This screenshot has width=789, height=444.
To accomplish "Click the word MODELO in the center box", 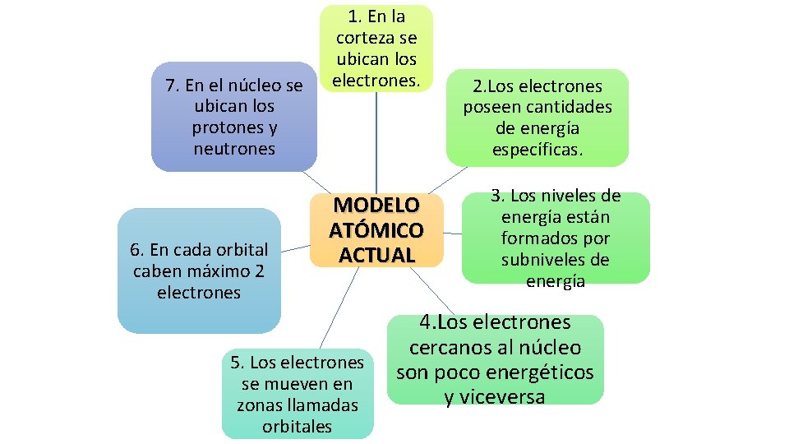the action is tap(376, 205).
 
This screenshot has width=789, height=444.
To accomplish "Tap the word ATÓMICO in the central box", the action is tap(376, 230).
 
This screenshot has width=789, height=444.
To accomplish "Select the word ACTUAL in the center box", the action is tap(376, 255).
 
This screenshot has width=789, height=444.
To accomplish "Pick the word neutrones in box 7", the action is tap(234, 149).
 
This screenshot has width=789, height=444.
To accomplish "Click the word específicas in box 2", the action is tap(537, 150).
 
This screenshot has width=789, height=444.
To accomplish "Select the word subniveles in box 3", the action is tap(556, 260).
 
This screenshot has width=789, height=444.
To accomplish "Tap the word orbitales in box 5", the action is tap(297, 426).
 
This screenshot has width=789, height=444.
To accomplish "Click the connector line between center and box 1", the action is tap(376, 140).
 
